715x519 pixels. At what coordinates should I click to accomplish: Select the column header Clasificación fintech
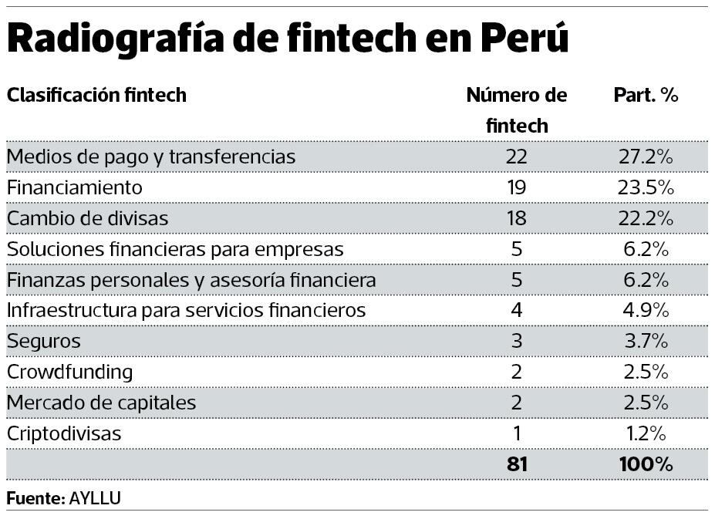click(x=96, y=96)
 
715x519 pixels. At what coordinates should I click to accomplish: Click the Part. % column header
click(x=646, y=96)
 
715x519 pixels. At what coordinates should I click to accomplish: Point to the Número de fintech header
click(x=517, y=110)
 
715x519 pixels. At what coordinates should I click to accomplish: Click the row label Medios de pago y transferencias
click(x=151, y=157)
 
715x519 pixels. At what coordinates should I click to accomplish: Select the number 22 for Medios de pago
click(x=517, y=157)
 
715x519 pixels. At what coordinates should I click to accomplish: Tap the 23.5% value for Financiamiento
click(x=646, y=187)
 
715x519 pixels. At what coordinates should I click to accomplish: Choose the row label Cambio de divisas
click(x=87, y=218)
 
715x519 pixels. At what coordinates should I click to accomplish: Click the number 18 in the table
click(x=517, y=218)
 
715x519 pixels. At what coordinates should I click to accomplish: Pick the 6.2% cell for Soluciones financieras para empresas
click(x=646, y=249)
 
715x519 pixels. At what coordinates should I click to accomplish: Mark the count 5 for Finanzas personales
click(x=517, y=280)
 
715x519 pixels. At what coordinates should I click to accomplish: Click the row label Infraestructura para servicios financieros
click(x=186, y=310)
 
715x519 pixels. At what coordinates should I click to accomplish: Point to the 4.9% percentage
click(x=646, y=310)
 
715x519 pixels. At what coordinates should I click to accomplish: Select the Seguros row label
click(x=43, y=341)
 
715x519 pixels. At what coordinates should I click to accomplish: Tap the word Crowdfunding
click(x=69, y=372)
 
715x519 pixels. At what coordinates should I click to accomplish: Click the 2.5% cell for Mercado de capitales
click(x=646, y=403)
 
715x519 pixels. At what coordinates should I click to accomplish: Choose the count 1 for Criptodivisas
click(x=517, y=433)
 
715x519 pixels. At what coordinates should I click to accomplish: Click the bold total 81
click(x=517, y=464)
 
